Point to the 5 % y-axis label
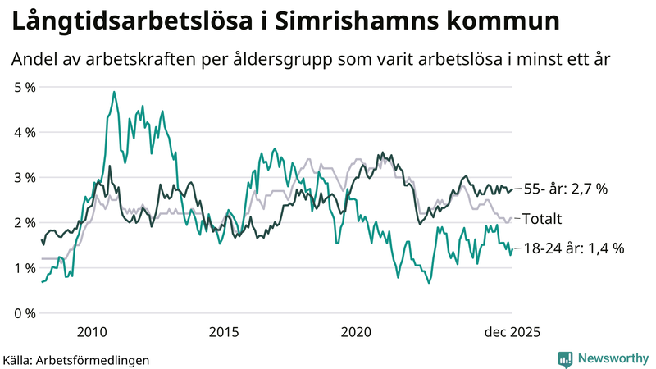pyautogui.click(x=23, y=87)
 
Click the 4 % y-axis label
pyautogui.click(x=23, y=132)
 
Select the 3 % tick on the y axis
pyautogui.click(x=23, y=178)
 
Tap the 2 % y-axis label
pyautogui.click(x=23, y=223)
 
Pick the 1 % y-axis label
pyautogui.click(x=23, y=268)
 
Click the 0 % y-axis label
pyautogui.click(x=23, y=314)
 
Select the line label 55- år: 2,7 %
pyautogui.click(x=565, y=189)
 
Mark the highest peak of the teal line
pyautogui.click(x=114, y=92)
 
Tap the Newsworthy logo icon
pyautogui.click(x=565, y=358)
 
